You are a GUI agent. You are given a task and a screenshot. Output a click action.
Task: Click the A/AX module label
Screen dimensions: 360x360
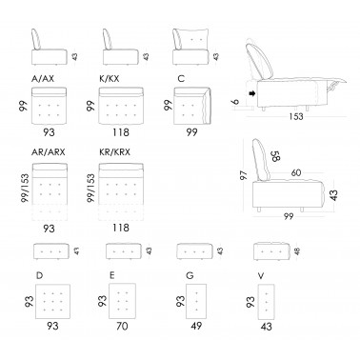tap(43, 79)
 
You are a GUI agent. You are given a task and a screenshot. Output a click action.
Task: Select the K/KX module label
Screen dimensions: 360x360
tap(110, 79)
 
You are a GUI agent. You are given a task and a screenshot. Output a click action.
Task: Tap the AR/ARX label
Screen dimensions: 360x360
tap(49, 152)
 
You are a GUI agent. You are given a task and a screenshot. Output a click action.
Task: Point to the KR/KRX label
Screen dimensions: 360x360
tap(114, 152)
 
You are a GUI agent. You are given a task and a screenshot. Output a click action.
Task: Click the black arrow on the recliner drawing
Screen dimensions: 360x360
tap(252, 93)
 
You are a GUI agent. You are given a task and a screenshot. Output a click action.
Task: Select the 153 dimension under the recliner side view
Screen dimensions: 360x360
tap(296, 116)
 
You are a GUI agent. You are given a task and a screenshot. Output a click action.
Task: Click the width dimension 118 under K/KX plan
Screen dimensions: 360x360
tap(121, 131)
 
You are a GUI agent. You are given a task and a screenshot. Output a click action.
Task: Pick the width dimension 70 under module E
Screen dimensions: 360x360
tap(122, 326)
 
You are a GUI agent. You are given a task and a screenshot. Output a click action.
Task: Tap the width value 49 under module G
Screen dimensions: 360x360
tap(196, 326)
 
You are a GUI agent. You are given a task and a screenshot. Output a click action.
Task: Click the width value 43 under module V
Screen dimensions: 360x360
tap(266, 327)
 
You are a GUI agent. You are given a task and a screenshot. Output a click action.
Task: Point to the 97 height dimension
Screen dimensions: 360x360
tap(244, 175)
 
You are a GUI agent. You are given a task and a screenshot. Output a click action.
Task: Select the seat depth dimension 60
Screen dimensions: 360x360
tap(295, 172)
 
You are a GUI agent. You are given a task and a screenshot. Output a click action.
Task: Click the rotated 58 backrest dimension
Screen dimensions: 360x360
tap(275, 156)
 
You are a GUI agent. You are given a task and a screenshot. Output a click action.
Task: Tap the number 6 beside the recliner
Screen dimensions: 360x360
tap(235, 101)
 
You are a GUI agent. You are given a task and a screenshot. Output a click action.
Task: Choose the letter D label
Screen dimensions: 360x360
tap(39, 275)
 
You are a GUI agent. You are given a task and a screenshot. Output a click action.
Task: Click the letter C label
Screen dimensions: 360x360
tap(181, 78)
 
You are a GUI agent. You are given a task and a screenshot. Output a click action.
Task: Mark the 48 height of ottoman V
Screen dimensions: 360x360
tap(297, 251)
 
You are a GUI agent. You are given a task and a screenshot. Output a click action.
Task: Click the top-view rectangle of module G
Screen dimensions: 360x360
tap(196, 301)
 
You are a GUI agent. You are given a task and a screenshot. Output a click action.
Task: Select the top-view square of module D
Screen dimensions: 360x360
tap(52, 301)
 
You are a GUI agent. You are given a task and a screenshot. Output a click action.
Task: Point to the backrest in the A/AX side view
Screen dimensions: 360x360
tap(36, 39)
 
